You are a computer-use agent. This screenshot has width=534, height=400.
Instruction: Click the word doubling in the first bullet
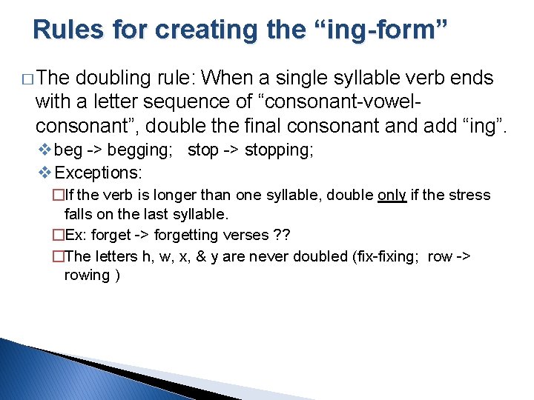[x=112, y=78]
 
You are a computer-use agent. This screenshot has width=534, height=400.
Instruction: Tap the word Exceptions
[x=99, y=173]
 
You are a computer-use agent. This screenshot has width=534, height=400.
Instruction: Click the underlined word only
[x=392, y=196]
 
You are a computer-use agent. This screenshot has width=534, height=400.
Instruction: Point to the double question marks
[x=280, y=235]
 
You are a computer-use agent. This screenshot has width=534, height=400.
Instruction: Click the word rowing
[x=87, y=275]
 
